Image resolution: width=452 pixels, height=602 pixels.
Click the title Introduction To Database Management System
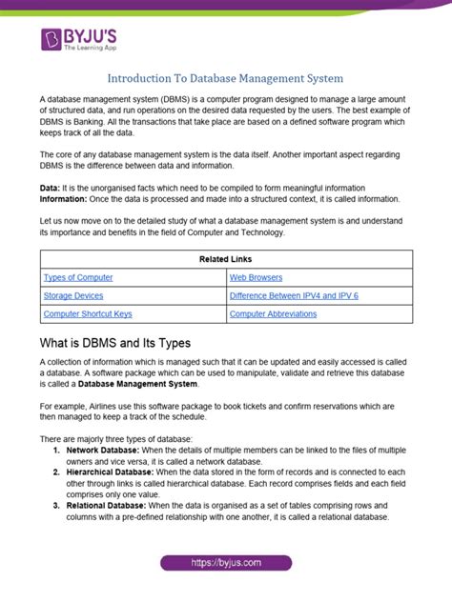tap(226, 77)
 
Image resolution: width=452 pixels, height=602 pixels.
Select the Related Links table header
tap(226, 259)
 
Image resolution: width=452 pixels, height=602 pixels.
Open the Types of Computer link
tap(78, 277)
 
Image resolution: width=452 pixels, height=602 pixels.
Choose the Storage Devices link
tap(74, 295)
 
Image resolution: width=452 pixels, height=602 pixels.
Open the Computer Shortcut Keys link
tap(88, 313)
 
